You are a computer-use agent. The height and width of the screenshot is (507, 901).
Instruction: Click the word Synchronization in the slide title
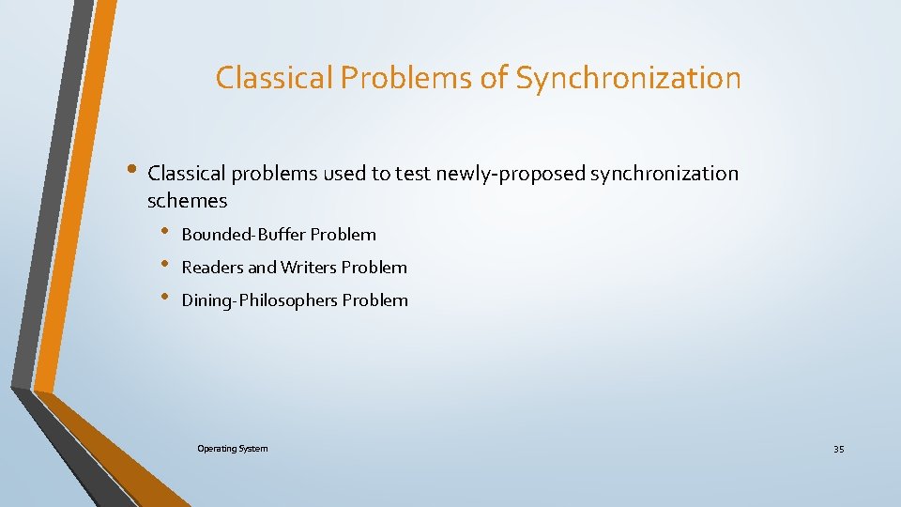(x=628, y=78)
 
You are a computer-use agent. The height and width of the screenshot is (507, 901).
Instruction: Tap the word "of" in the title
(x=494, y=78)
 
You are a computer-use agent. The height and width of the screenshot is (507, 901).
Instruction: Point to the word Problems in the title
(x=407, y=78)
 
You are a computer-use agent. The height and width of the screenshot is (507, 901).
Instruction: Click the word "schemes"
(x=188, y=201)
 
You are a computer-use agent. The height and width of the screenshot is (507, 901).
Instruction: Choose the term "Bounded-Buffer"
(x=243, y=235)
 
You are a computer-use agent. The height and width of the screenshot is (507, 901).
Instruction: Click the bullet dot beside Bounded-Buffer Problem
(x=164, y=232)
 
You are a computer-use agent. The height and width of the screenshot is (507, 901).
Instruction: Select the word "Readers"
(x=212, y=268)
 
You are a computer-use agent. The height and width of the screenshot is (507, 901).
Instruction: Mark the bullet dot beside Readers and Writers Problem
(x=164, y=265)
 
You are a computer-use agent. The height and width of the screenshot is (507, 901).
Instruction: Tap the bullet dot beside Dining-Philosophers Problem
(x=164, y=298)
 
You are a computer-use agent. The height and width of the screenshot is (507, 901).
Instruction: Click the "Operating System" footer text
(x=232, y=449)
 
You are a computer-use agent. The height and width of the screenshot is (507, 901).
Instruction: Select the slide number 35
(x=838, y=450)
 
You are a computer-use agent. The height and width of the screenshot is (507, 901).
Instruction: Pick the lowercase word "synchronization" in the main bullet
(x=664, y=174)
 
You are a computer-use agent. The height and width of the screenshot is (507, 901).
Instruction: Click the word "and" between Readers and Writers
(x=263, y=268)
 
